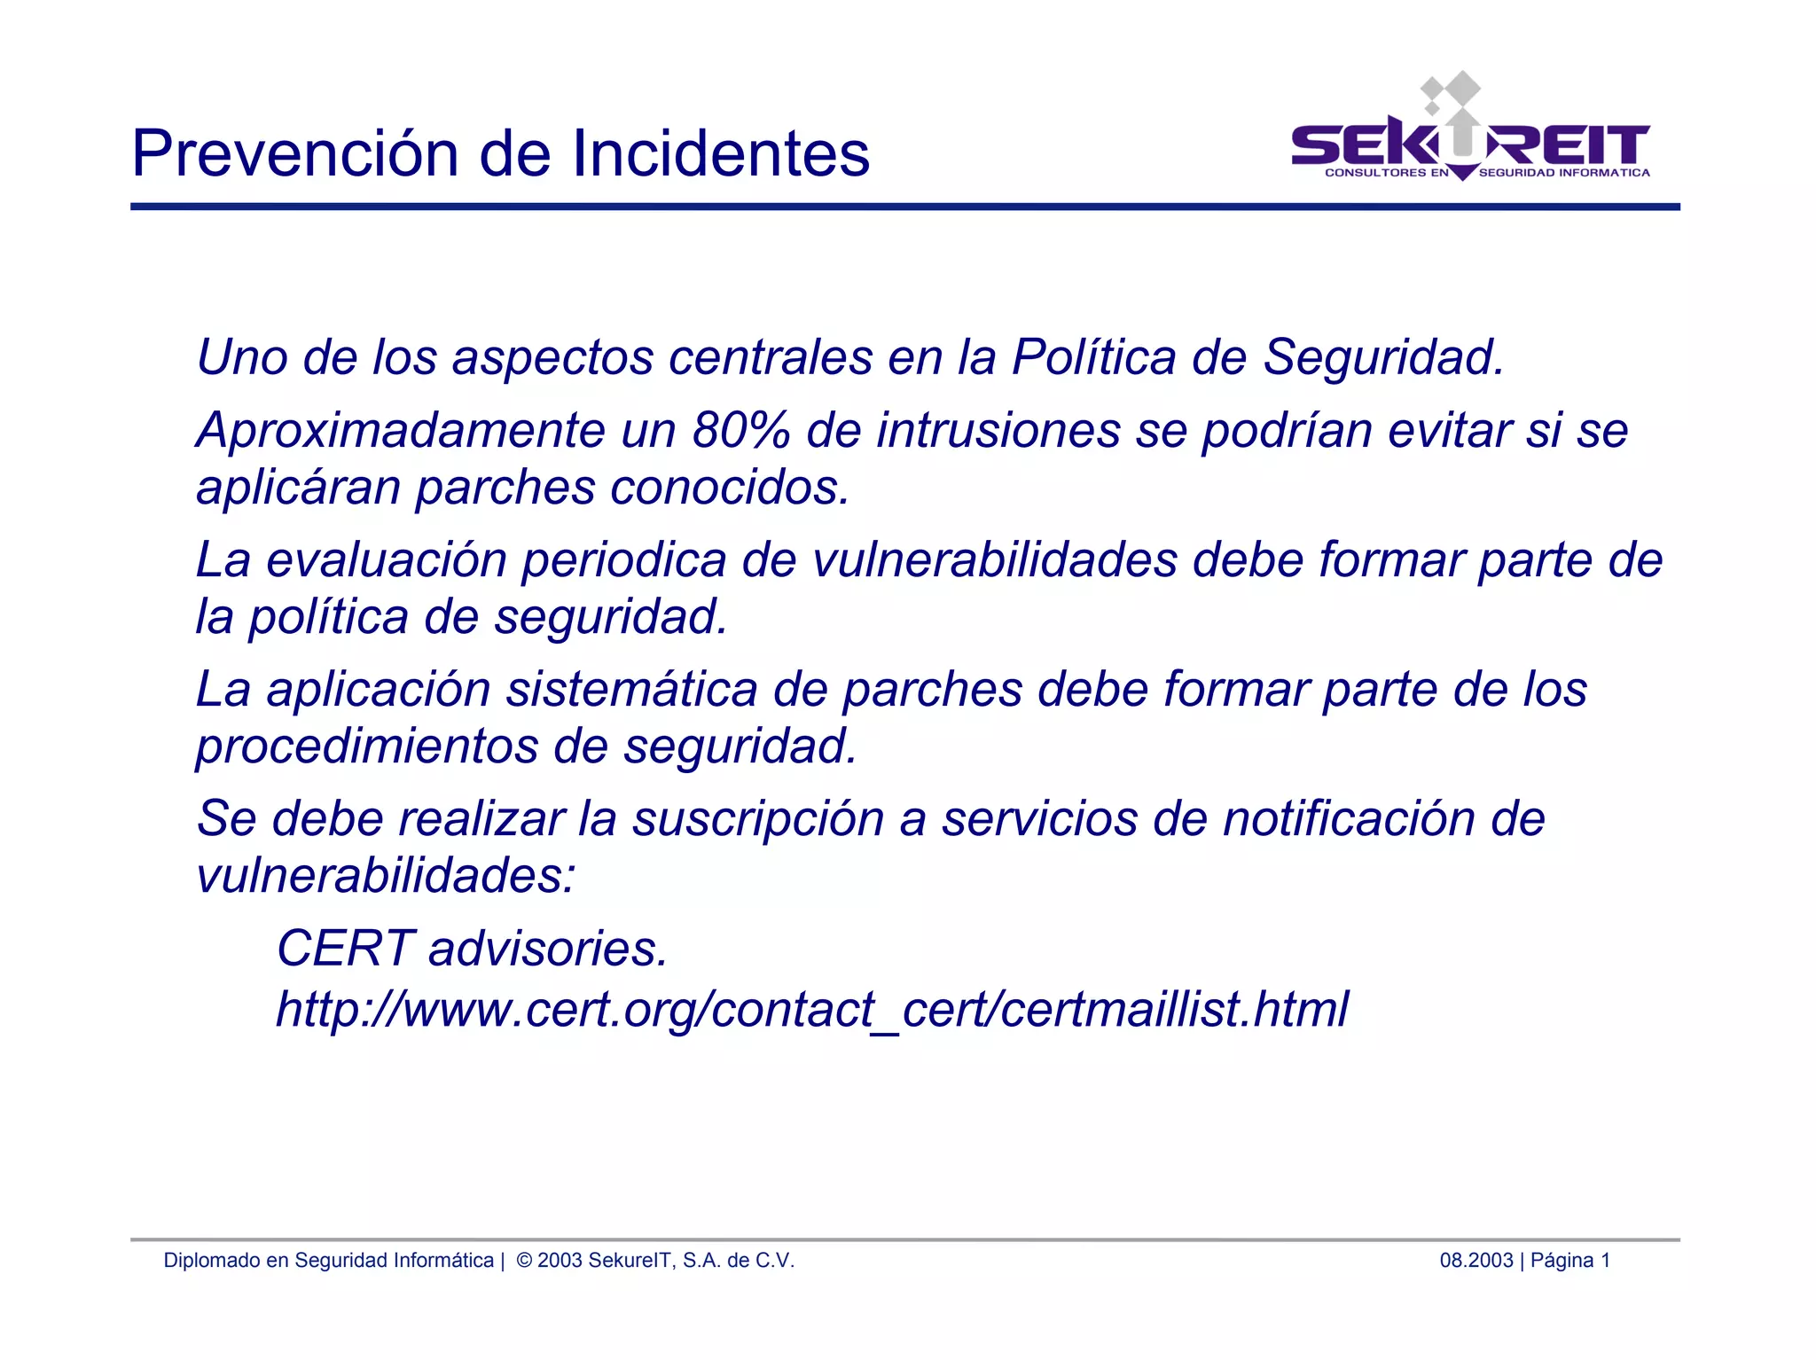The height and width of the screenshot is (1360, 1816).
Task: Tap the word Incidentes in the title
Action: pyautogui.click(x=720, y=153)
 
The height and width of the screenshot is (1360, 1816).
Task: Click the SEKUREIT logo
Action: pyautogui.click(x=1470, y=133)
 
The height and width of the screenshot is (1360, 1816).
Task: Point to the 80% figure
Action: pyautogui.click(x=740, y=431)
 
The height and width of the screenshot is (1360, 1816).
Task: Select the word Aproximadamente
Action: pyautogui.click(x=401, y=431)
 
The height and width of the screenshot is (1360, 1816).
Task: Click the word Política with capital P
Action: pyautogui.click(x=1094, y=357)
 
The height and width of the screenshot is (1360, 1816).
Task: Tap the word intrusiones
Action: pyautogui.click(x=998, y=431)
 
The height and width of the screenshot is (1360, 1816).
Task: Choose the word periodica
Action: pyautogui.click(x=623, y=560)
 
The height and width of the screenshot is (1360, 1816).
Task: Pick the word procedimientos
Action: pyautogui.click(x=366, y=746)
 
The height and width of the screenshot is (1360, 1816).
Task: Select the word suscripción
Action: pyautogui.click(x=757, y=818)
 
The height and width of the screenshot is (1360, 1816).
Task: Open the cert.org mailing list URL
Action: pyautogui.click(x=811, y=1009)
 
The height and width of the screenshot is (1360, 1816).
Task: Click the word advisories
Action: pyautogui.click(x=547, y=949)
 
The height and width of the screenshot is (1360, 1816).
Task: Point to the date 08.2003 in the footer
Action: pyautogui.click(x=1475, y=1260)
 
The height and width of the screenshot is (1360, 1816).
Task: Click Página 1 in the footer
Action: pyautogui.click(x=1569, y=1260)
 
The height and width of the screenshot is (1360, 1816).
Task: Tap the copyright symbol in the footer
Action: pyautogui.click(x=524, y=1260)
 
